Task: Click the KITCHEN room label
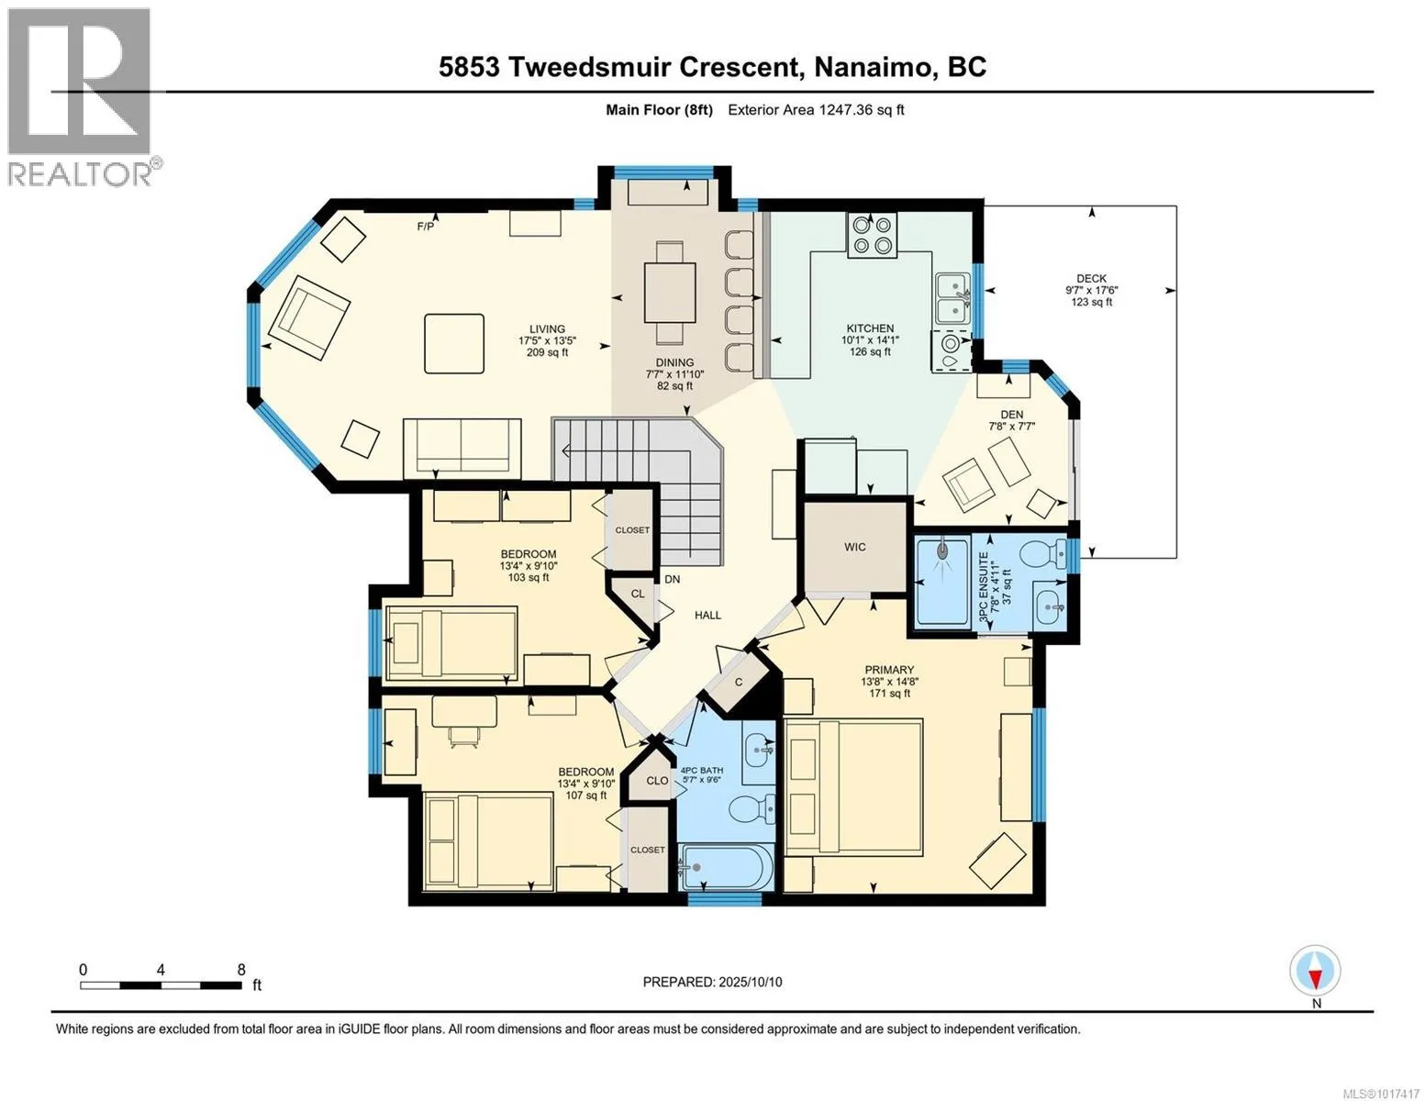coord(870,328)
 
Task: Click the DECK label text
coord(1091,279)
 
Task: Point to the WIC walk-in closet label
coord(854,547)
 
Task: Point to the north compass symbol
coord(1315,971)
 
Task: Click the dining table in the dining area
coord(670,292)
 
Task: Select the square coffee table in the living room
coord(453,343)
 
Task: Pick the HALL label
coord(707,616)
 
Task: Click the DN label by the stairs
coord(673,579)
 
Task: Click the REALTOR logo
coord(83,96)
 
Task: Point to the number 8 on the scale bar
coord(241,969)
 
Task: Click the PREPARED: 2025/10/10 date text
coord(712,982)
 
